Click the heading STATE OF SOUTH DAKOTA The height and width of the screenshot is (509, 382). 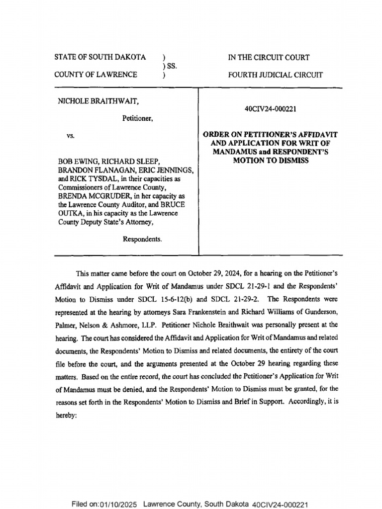tap(99, 57)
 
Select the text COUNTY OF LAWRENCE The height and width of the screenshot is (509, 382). tap(95, 75)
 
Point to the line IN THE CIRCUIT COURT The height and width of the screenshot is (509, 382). tap(269, 57)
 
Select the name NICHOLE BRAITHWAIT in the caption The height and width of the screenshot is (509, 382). tap(98, 101)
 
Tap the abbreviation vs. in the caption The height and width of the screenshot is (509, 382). tap(71, 135)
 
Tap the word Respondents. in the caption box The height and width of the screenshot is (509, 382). tap(142, 239)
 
